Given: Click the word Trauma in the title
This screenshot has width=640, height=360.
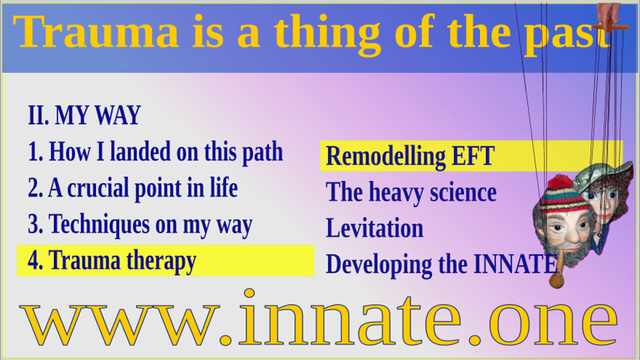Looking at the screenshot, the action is [x=95, y=31].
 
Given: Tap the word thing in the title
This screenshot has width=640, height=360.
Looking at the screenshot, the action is [x=327, y=34].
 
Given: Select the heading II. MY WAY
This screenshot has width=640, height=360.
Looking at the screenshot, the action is [x=84, y=115].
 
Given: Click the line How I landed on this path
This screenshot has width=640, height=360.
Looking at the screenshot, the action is [x=155, y=152].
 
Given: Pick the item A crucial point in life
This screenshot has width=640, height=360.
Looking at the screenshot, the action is [x=133, y=188].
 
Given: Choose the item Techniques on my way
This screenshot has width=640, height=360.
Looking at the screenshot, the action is [x=140, y=224].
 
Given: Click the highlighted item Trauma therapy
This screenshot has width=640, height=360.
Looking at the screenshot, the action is [x=112, y=260].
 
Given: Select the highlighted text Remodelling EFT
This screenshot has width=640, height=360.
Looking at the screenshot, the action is [x=410, y=156].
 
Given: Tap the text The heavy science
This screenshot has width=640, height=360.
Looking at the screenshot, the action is [x=411, y=192].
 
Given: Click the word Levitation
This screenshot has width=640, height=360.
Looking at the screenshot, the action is [x=374, y=228].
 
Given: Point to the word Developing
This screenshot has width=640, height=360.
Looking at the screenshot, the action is [x=379, y=265].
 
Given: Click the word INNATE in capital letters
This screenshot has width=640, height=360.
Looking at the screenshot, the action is [x=515, y=264].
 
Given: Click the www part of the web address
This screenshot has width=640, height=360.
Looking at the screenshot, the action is [x=119, y=325].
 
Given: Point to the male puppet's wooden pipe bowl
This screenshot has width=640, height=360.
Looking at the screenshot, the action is [x=556, y=281].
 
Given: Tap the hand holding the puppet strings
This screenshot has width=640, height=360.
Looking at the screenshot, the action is [x=608, y=14].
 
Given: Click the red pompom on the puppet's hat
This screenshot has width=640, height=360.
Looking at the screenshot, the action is [x=560, y=182].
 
